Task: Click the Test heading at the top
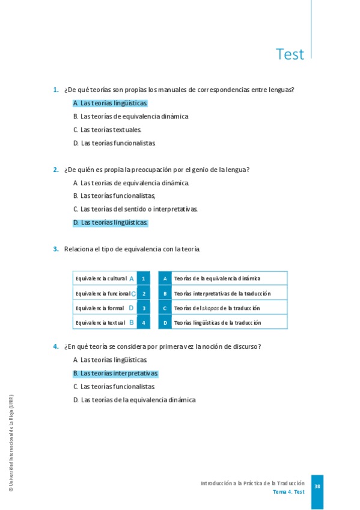[290, 54]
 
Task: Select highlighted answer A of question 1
[110, 103]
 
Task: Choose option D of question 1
[114, 143]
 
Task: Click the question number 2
[55, 170]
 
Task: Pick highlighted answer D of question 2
[110, 223]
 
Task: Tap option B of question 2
[114, 195]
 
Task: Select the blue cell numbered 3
[144, 308]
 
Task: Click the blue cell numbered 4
[144, 322]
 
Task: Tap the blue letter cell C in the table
[165, 308]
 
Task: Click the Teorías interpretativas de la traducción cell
[222, 293]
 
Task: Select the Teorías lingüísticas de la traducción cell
[217, 322]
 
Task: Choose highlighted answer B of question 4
[115, 373]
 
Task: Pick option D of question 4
[134, 400]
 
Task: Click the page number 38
[317, 487]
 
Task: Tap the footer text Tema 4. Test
[288, 492]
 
